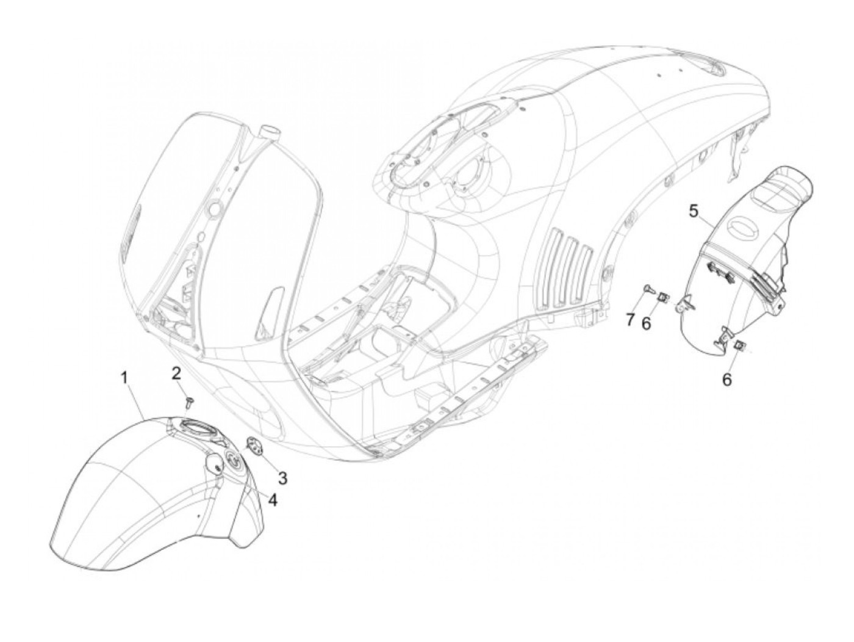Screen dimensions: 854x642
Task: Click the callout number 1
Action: (x=124, y=378)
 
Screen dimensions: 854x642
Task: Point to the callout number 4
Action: (x=273, y=500)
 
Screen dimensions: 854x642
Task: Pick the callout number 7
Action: (x=630, y=319)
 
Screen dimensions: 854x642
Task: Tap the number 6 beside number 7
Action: (x=646, y=322)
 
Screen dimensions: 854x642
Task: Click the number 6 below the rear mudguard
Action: (x=727, y=379)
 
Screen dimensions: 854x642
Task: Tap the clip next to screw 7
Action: (x=662, y=297)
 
